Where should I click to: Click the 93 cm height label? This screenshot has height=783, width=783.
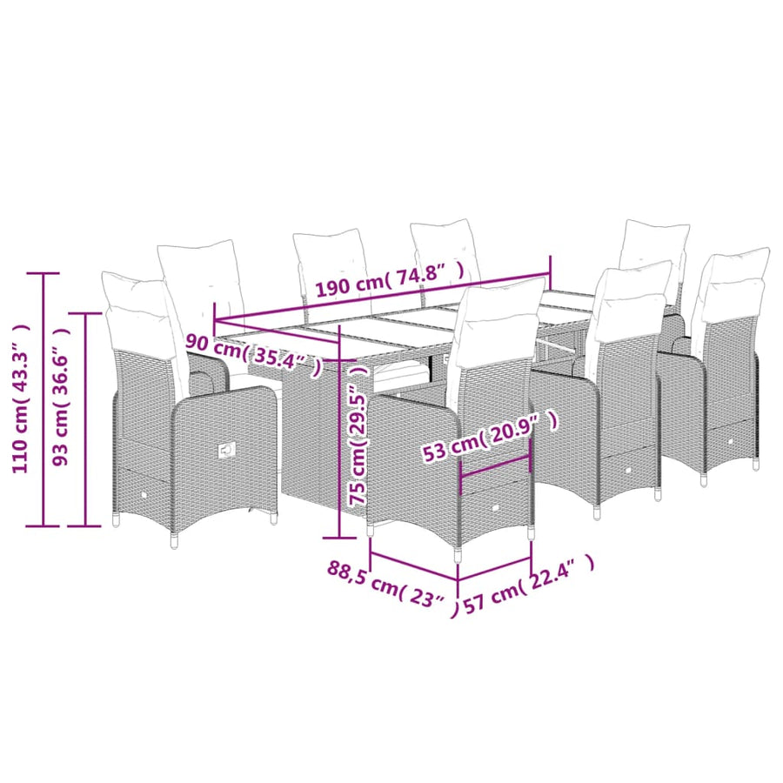click(61, 398)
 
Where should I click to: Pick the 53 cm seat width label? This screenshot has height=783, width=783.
click(490, 436)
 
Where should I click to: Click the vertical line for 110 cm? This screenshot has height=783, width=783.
click(43, 399)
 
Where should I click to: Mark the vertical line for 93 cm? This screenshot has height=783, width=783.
click(85, 419)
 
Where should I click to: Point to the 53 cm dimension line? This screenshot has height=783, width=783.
click(495, 467)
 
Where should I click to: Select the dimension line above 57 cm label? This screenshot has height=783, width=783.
click(494, 570)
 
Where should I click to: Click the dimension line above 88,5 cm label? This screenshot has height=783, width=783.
click(414, 566)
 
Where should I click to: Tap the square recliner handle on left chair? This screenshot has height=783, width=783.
click(226, 451)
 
